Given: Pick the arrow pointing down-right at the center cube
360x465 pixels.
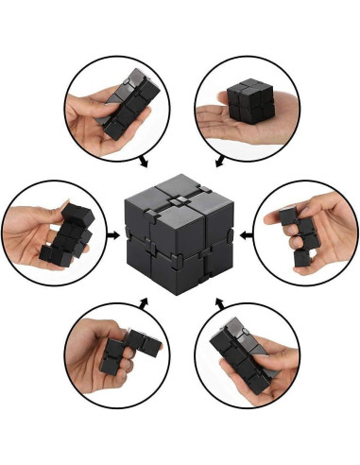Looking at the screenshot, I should tap(144, 162).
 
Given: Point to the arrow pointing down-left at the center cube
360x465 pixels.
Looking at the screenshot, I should tap(218, 162).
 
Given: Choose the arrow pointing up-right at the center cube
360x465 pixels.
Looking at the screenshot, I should tap(145, 301).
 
